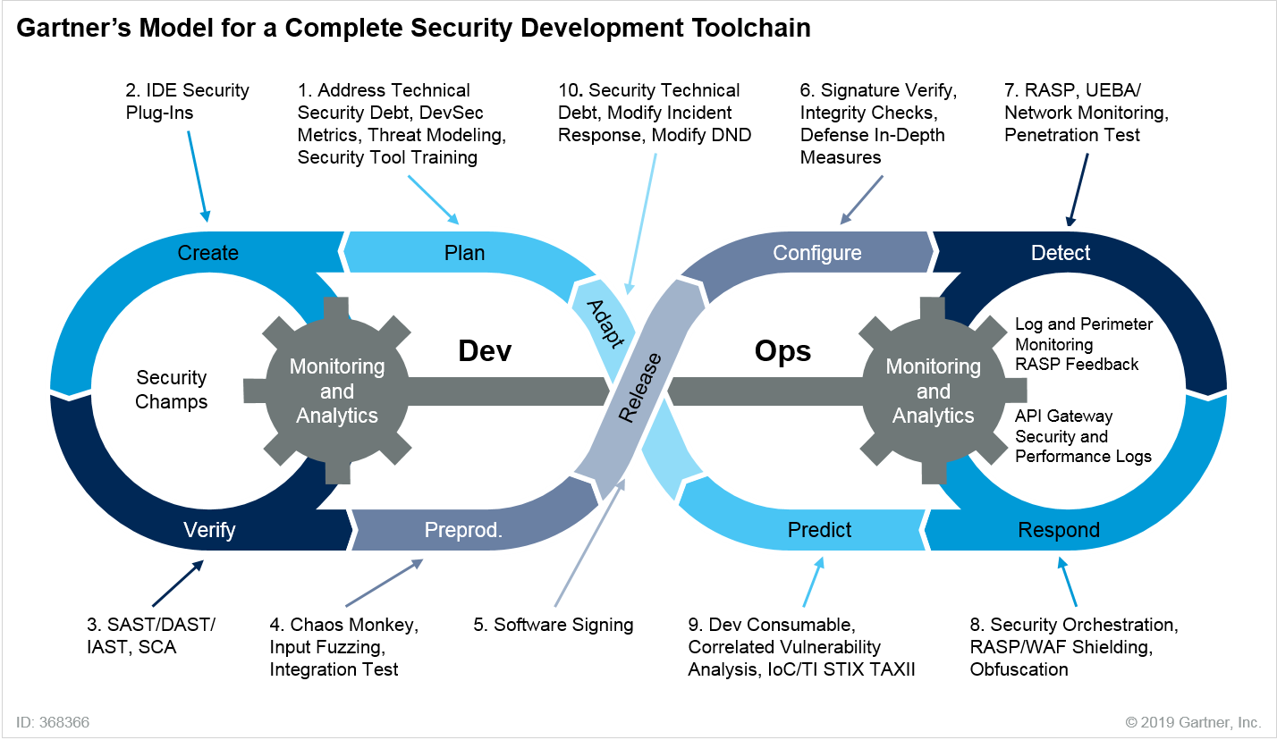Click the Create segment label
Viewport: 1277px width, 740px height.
point(207,253)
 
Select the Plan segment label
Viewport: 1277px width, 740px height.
point(464,253)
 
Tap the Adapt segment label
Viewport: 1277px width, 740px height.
point(605,321)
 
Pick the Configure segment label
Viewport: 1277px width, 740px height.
point(816,253)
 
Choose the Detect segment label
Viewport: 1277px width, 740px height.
point(1061,253)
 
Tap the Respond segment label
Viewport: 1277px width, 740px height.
point(1059,530)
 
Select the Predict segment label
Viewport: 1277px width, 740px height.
point(819,530)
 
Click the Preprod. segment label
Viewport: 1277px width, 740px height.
point(463,531)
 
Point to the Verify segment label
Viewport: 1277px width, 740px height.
point(209,530)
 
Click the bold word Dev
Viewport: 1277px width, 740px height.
point(485,351)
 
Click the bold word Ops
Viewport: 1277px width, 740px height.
point(782,351)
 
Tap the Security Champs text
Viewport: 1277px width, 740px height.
point(171,390)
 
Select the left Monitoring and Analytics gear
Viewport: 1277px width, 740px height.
point(337,391)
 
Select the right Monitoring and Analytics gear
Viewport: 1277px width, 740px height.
point(933,391)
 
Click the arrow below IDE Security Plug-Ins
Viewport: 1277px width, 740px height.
point(199,177)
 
